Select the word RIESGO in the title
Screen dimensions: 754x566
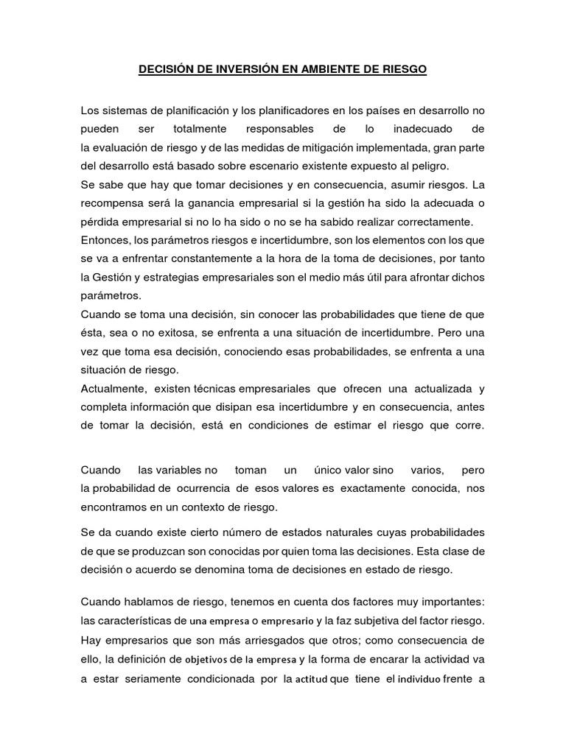tap(401, 70)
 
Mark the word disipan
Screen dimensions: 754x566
tap(228, 406)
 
